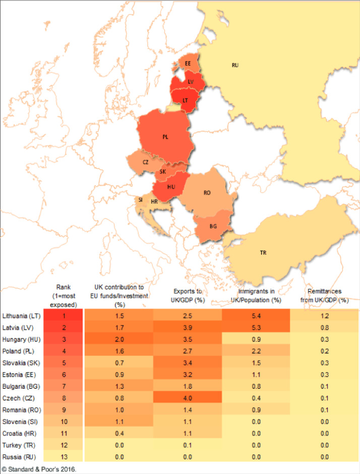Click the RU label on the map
tap(234, 66)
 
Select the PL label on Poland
tap(165, 137)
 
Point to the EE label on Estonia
tap(188, 64)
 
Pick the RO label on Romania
tap(207, 193)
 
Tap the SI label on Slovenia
tap(140, 200)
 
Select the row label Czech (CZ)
tap(18, 398)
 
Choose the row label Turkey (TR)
tap(19, 446)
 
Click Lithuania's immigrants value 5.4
tap(256, 316)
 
